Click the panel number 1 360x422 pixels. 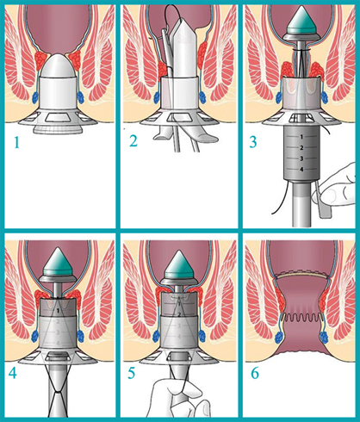[x=17, y=142]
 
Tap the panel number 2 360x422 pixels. [x=133, y=141]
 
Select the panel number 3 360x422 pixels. [x=252, y=142]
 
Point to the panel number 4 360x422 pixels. [x=13, y=373]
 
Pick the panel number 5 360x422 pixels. [x=132, y=373]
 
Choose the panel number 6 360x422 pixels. [x=255, y=373]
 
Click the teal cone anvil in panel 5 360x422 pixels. [x=179, y=264]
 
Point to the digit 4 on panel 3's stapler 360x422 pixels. [x=301, y=170]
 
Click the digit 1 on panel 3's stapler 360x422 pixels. [x=301, y=137]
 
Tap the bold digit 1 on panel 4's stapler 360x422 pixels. [x=58, y=310]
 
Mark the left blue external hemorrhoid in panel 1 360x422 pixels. [x=35, y=97]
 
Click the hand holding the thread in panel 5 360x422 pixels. [x=178, y=399]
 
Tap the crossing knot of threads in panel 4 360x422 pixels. [x=58, y=392]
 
